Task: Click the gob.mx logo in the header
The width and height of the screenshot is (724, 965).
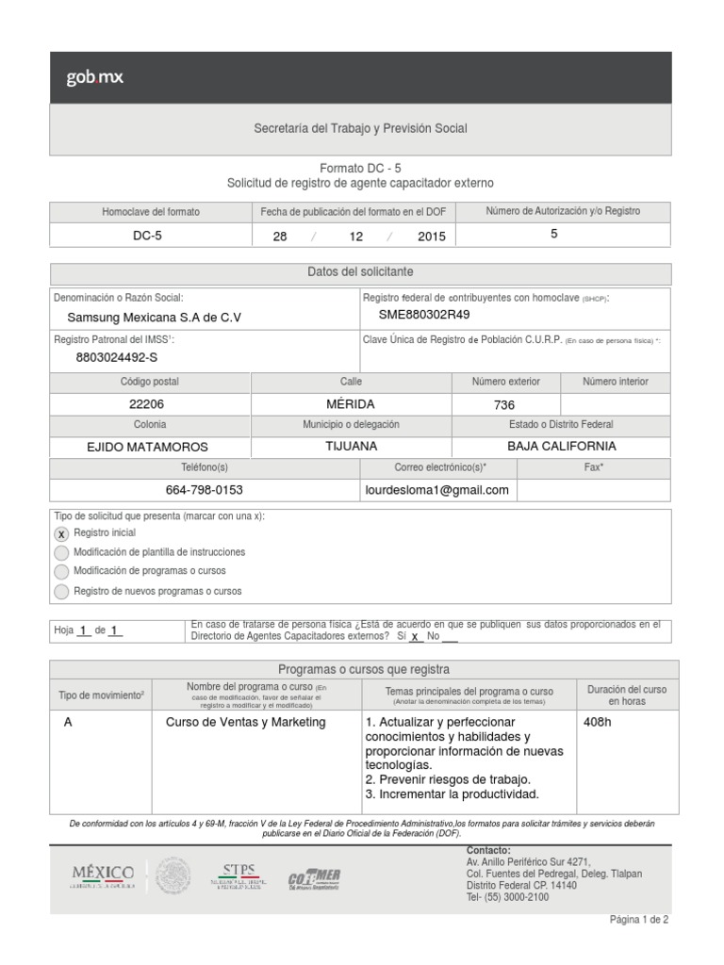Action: click(94, 78)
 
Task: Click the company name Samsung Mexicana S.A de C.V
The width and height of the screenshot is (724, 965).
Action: click(154, 318)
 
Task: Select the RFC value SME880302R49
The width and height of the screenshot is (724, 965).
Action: click(423, 315)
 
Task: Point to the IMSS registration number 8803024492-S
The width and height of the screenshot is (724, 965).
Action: click(117, 357)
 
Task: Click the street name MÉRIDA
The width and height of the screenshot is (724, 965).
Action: click(350, 404)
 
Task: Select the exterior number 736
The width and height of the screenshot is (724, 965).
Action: click(504, 404)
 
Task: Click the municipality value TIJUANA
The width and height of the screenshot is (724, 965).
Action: click(351, 446)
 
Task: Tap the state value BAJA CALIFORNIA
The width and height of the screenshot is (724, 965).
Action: click(561, 446)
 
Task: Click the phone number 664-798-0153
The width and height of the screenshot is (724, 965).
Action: click(204, 490)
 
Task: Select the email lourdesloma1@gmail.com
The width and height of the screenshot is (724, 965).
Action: click(436, 490)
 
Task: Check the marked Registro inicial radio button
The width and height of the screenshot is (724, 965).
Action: click(61, 534)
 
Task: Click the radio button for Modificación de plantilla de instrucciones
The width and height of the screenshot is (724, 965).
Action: click(61, 553)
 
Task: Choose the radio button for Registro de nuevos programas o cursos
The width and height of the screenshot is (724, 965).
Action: click(61, 592)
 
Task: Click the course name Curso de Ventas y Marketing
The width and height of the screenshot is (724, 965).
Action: click(245, 722)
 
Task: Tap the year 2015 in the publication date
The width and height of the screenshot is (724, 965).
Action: click(431, 237)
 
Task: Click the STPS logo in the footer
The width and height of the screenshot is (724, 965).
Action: click(239, 875)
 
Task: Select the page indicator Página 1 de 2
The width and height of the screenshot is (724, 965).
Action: click(638, 921)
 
